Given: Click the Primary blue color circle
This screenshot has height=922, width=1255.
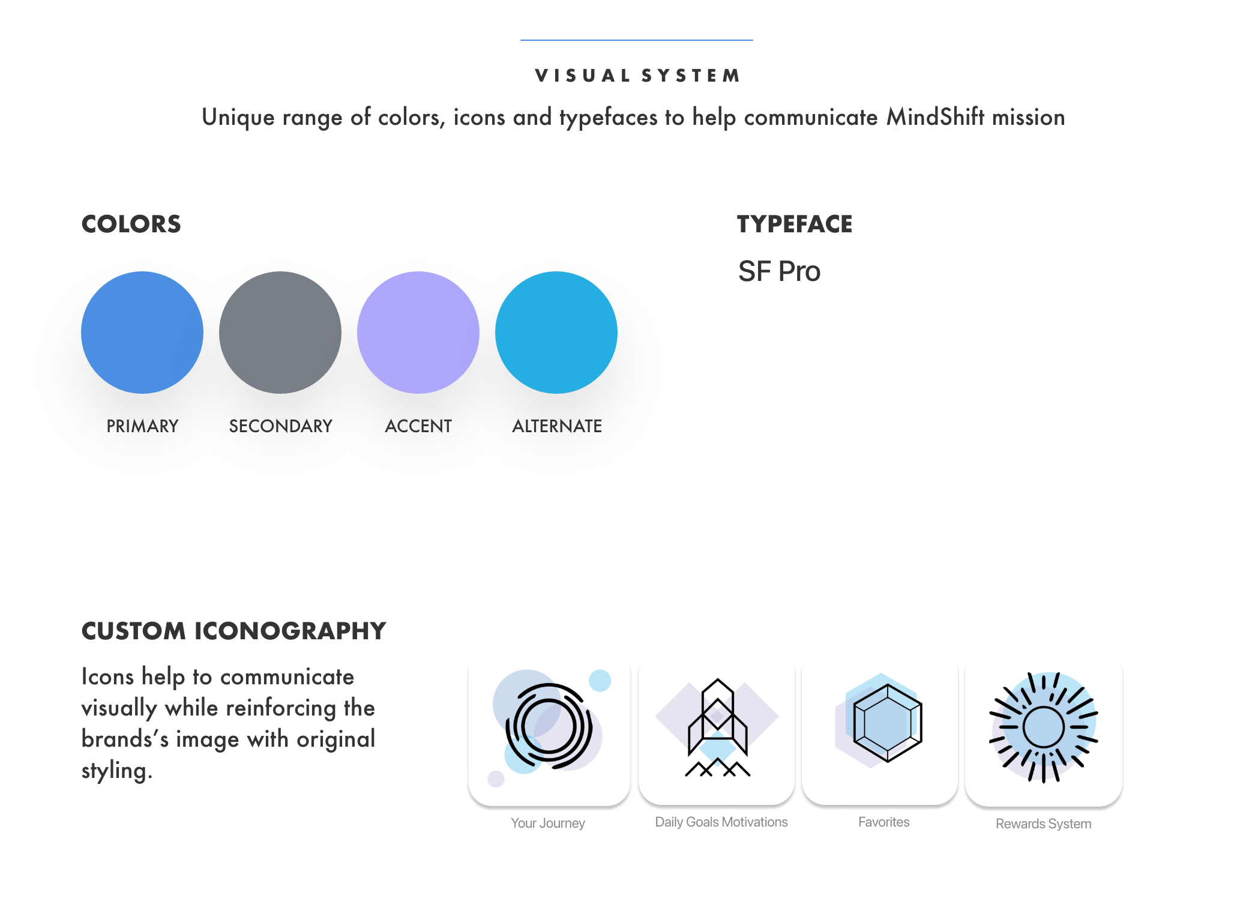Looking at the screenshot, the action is coord(142,333).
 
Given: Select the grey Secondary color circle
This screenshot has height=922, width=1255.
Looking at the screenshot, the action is coord(280,333).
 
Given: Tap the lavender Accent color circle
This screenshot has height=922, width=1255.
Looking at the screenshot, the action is coord(418,333).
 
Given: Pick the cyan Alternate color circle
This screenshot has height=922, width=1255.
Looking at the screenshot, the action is coord(556,333).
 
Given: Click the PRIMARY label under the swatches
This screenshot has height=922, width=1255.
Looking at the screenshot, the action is coord(142,426).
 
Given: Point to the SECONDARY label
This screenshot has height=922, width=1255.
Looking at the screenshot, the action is coord(280,426).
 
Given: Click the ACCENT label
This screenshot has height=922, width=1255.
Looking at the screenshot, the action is coord(418,426).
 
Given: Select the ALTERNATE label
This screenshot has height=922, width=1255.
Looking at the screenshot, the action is coord(557,426).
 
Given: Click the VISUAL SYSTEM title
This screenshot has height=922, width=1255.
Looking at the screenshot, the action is coord(637,76).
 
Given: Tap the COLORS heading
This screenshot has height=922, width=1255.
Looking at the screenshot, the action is coord(131,224).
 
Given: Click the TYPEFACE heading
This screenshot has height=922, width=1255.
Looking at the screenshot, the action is coord(794,224).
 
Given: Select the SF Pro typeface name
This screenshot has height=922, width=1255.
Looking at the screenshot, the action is coord(779,271).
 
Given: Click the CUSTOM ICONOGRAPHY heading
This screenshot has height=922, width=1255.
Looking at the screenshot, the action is coord(233,631).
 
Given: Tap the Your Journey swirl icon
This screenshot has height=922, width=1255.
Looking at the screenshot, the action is coord(549,727).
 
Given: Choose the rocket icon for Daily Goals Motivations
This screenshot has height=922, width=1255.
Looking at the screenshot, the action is coord(717,727).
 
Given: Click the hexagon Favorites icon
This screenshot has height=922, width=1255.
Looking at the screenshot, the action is coord(880,727).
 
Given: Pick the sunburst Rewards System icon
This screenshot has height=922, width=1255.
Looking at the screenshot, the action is coord(1043,727).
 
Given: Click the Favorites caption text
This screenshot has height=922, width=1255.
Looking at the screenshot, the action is coord(883,822).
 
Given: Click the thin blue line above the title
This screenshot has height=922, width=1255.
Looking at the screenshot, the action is coord(636,40).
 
